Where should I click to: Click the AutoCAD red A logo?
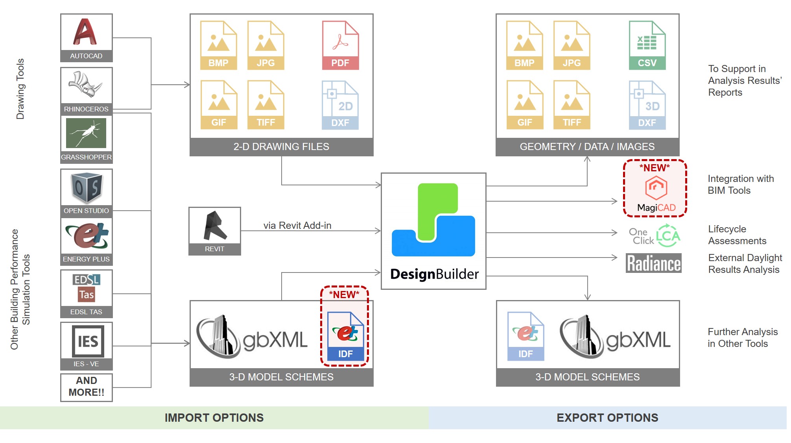[85, 32]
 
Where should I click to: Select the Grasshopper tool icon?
[86, 133]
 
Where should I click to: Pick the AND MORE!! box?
[86, 387]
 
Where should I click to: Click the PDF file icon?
[340, 45]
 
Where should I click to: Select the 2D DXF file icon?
[340, 105]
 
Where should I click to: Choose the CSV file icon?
[647, 45]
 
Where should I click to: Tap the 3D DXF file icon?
[647, 105]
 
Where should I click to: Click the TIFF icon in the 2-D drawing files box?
[266, 105]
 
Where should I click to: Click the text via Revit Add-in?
[297, 225]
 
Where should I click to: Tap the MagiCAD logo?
[656, 194]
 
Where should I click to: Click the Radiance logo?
[653, 263]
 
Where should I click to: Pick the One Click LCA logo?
[654, 236]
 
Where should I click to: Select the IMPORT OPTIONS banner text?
[214, 417]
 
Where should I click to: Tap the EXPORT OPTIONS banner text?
[607, 417]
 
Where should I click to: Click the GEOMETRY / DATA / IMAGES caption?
[587, 146]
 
